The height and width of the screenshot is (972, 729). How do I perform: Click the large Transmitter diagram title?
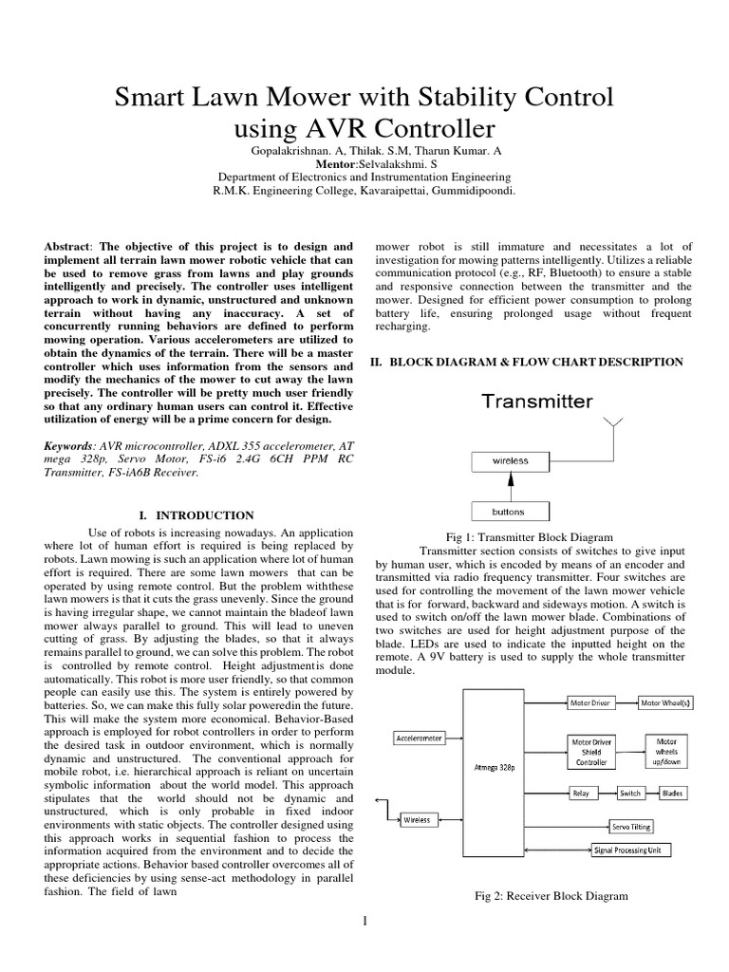coord(536,401)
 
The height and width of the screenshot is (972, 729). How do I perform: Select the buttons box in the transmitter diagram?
coord(509,512)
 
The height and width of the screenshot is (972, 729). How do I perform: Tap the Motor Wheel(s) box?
coord(664,703)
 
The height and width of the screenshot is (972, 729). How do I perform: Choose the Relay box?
coord(582,793)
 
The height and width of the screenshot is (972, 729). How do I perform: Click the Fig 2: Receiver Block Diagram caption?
coord(551,895)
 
